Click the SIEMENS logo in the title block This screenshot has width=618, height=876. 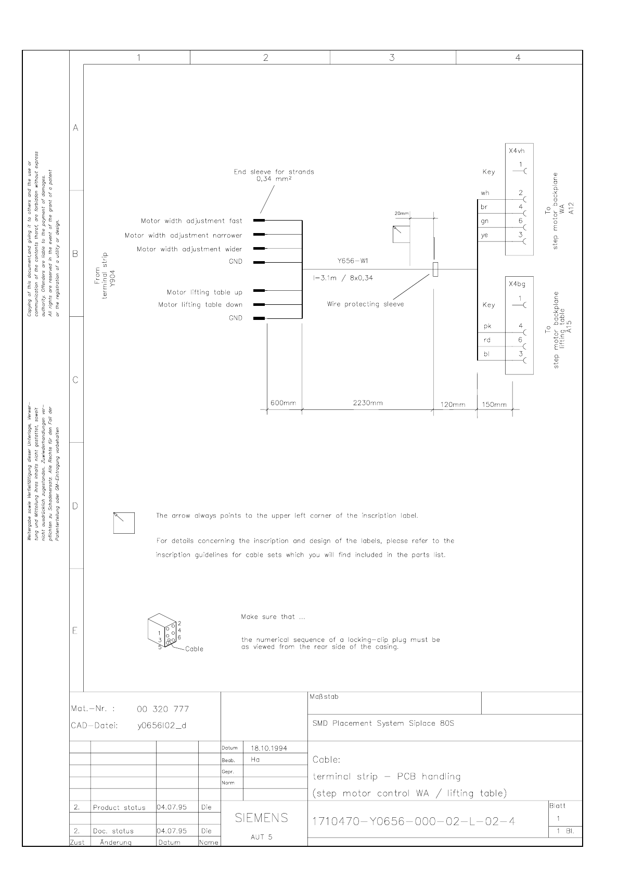coord(261,818)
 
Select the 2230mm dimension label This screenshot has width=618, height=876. coord(368,403)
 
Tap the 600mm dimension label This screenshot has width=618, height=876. coord(283,403)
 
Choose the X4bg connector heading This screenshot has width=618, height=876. coord(517,285)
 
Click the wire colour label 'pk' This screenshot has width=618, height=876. coord(487,327)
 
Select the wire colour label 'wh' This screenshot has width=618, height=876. coord(485,194)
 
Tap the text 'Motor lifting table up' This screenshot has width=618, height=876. coord(204,292)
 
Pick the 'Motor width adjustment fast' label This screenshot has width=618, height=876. coord(191,221)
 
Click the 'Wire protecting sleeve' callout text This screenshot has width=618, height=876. coord(365,304)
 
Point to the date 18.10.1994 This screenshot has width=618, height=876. coord(269,748)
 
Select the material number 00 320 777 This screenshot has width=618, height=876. coord(163,709)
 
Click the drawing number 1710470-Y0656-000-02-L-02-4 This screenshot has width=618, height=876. coord(414,821)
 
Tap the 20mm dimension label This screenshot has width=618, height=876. coord(402,214)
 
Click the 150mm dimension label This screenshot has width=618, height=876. coord(494,405)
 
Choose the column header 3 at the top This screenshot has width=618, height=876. coord(392,58)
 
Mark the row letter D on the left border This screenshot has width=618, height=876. coord(75,506)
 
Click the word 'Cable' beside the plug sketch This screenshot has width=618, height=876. coord(194,649)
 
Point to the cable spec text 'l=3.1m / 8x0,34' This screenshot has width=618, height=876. coord(343,278)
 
